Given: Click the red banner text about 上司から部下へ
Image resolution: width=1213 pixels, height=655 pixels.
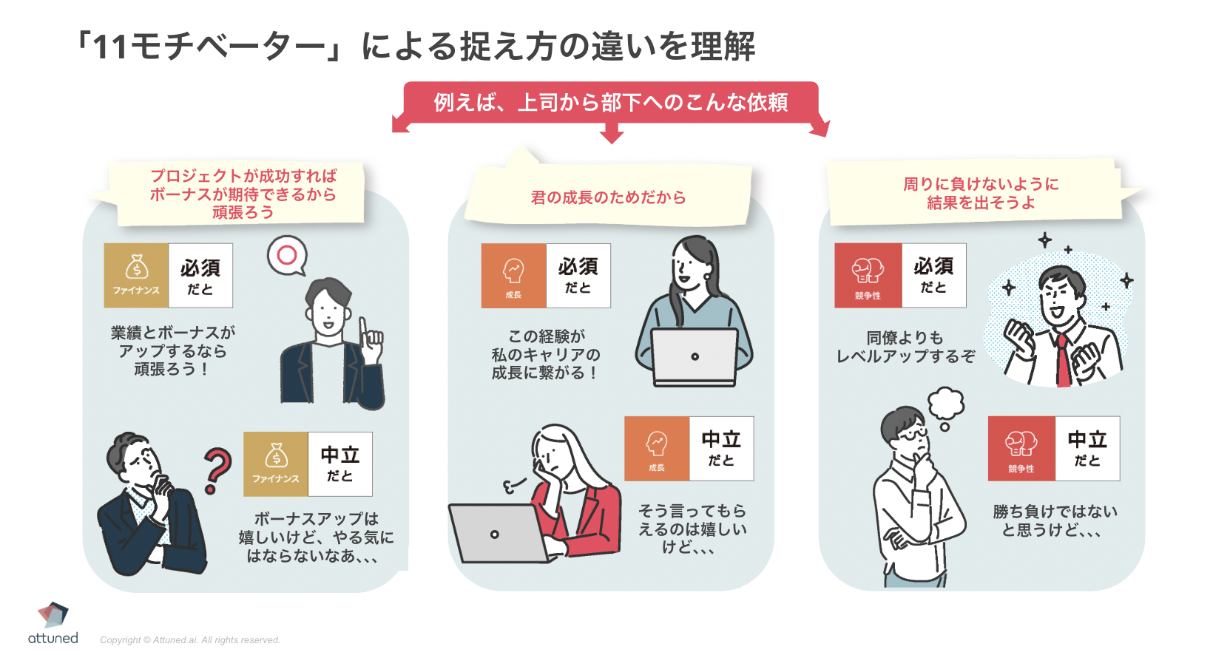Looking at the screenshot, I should click(x=611, y=102).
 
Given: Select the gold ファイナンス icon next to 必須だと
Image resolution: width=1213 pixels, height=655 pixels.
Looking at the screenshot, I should click(x=136, y=275).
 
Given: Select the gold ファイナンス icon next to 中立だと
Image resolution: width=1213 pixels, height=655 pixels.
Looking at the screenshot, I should click(x=276, y=464).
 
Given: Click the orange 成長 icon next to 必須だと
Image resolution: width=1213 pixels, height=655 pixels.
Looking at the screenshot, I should click(x=513, y=275).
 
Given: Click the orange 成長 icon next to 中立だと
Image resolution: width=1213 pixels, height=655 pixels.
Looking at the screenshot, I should click(x=657, y=449).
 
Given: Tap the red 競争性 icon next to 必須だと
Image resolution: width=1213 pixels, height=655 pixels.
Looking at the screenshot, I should click(x=868, y=275).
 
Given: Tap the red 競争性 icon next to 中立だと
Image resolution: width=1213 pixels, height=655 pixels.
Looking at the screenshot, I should click(x=1021, y=449).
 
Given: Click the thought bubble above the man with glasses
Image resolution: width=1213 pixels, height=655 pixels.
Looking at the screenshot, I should click(x=946, y=404).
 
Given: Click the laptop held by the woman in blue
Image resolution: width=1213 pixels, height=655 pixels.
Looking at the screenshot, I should click(x=695, y=357).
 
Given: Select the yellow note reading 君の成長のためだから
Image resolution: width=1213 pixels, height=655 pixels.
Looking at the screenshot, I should click(x=608, y=197).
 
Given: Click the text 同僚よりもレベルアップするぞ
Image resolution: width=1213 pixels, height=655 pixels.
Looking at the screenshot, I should click(x=905, y=347).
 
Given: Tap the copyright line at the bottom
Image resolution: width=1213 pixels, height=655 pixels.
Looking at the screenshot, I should click(x=190, y=640).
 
